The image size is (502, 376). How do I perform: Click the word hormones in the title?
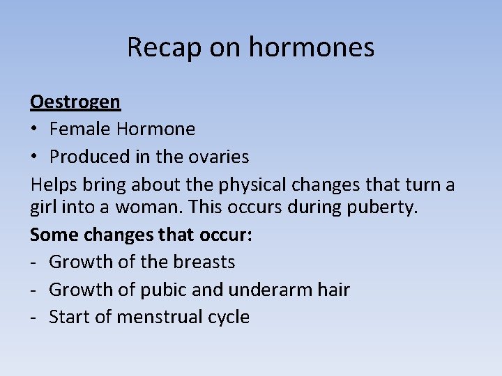click(x=311, y=47)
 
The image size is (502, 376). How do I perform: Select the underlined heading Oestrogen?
click(x=75, y=102)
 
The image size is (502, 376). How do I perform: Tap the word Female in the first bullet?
click(x=80, y=129)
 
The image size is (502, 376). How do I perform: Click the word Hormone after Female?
click(x=156, y=129)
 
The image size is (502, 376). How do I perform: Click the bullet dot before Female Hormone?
click(x=35, y=130)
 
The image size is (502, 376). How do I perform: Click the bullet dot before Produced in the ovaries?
click(x=35, y=157)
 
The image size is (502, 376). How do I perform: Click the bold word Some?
click(x=54, y=235)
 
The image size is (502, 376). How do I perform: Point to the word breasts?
click(x=204, y=262)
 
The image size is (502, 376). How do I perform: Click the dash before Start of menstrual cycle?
click(x=34, y=318)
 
